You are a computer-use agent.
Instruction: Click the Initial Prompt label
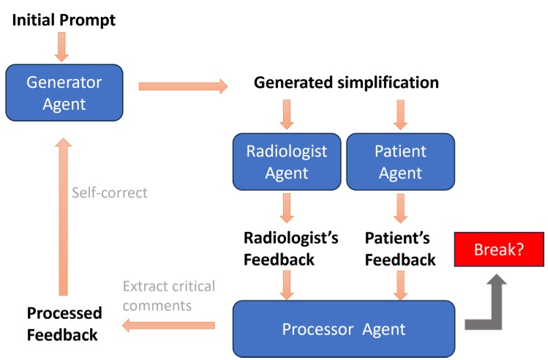click(x=64, y=20)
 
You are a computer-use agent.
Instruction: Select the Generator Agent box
click(x=64, y=92)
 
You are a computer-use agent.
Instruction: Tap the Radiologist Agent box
click(x=287, y=162)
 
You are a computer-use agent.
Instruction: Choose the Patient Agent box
click(x=400, y=162)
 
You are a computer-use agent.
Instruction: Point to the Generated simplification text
click(x=346, y=83)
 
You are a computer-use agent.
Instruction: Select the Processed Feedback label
click(x=64, y=323)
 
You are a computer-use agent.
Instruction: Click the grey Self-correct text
click(x=110, y=193)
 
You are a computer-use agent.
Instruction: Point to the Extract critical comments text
click(x=169, y=294)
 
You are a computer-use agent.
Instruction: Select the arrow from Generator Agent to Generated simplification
click(x=183, y=87)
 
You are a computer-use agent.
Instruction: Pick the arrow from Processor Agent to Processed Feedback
click(x=168, y=324)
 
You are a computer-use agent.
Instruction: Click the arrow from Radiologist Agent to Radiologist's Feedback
click(x=287, y=209)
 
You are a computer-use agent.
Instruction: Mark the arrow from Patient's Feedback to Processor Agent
click(x=400, y=284)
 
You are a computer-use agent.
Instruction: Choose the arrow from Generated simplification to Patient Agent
click(x=400, y=113)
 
